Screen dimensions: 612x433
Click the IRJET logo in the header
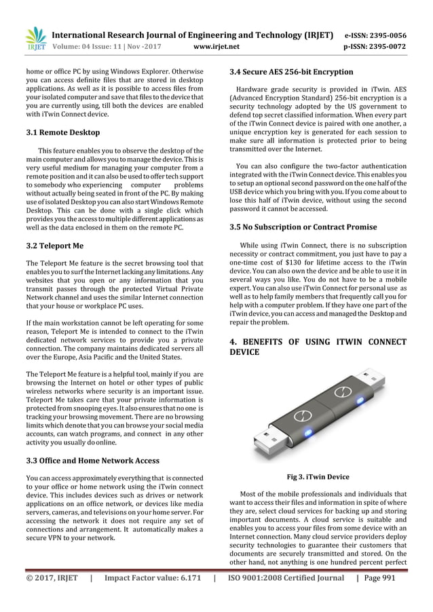click(x=33, y=39)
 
